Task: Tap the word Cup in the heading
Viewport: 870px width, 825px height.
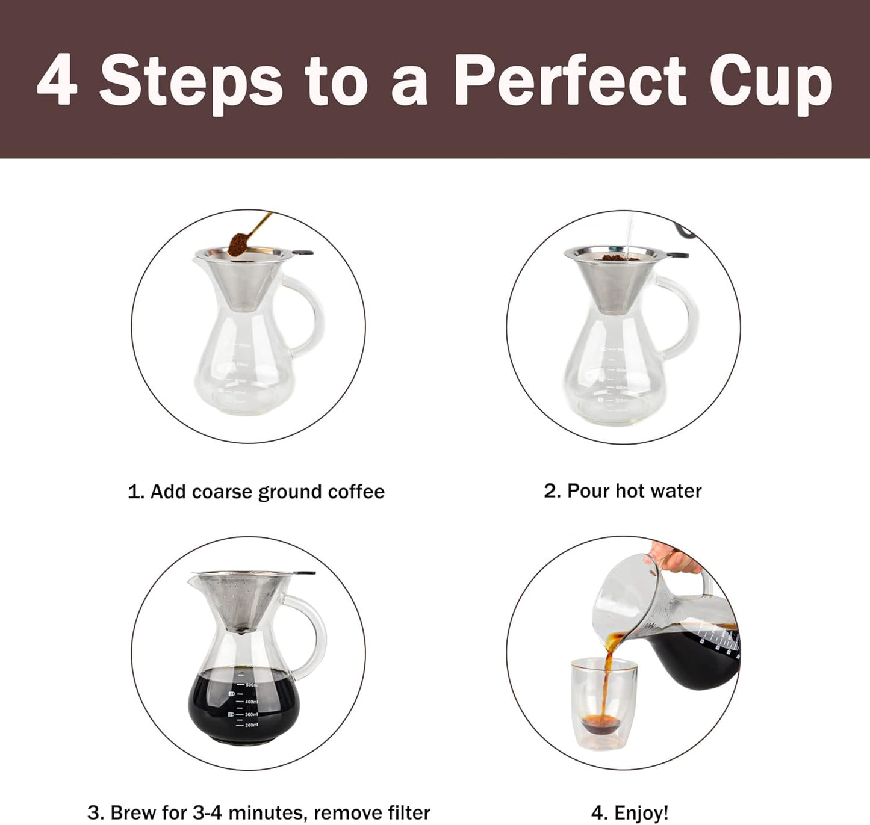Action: [770, 81]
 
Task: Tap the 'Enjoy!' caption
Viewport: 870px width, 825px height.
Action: [629, 813]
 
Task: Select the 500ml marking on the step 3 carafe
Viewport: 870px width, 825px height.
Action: [251, 685]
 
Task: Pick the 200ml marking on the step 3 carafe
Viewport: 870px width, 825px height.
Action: [251, 725]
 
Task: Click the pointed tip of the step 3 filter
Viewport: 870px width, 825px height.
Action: [241, 632]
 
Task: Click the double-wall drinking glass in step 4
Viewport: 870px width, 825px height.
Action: [603, 704]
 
